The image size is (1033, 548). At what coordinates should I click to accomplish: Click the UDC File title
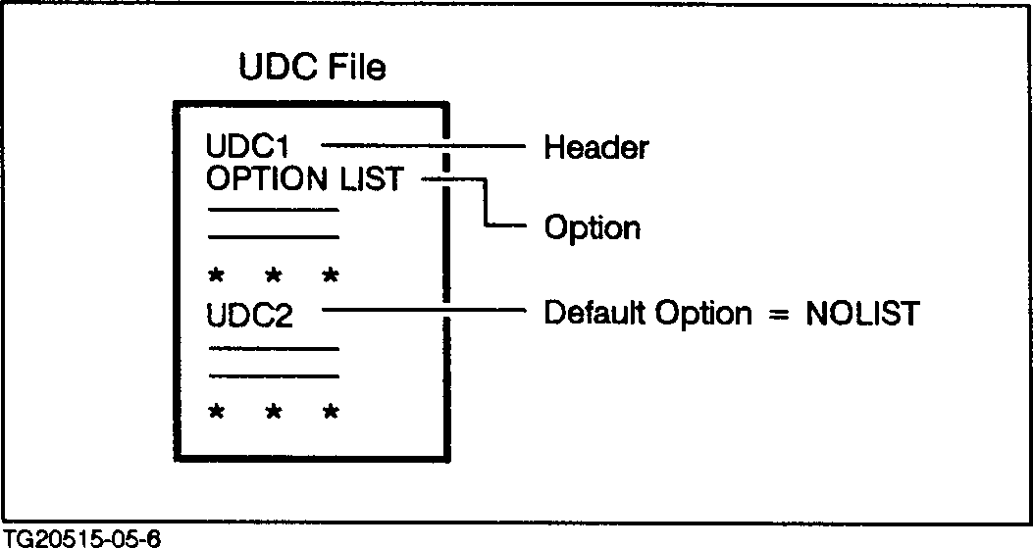[x=313, y=68]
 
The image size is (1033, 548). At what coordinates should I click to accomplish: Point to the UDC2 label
[x=250, y=317]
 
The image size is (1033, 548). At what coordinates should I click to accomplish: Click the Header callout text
[x=595, y=148]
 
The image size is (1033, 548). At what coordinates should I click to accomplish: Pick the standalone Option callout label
[x=592, y=228]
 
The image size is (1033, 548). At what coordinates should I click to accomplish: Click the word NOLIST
[x=862, y=314]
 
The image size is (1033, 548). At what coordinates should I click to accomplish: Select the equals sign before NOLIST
[x=780, y=315]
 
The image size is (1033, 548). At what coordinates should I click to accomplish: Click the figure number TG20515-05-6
[x=81, y=537]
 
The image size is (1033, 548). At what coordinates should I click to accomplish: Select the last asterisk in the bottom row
[x=331, y=412]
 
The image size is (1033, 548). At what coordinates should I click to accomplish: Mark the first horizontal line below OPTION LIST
[x=273, y=210]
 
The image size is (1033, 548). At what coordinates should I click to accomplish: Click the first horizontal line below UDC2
[x=273, y=348]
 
